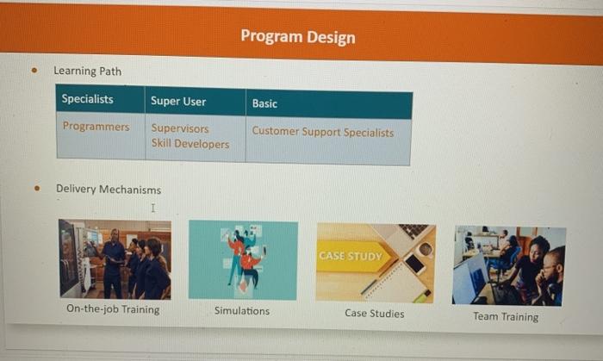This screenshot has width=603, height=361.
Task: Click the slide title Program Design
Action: click(297, 36)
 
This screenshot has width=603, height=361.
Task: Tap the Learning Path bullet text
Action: click(87, 71)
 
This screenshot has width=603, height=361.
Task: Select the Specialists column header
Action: click(87, 99)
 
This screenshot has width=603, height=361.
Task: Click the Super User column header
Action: click(178, 101)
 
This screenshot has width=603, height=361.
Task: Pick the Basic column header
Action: click(264, 103)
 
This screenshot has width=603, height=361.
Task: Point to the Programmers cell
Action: click(96, 127)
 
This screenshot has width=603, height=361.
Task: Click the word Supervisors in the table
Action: click(179, 128)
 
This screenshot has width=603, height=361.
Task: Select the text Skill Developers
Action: click(190, 144)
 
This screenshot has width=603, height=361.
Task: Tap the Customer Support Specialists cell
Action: click(323, 133)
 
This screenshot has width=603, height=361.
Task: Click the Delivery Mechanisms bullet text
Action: click(108, 189)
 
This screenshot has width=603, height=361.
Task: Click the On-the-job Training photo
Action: click(115, 258)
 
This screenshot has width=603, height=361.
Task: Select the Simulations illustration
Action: click(243, 260)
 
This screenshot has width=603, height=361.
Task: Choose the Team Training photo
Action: click(509, 265)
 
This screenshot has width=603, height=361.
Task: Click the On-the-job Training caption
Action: click(113, 309)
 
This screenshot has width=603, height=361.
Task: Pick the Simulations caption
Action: click(242, 311)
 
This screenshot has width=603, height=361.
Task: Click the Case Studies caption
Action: click(374, 314)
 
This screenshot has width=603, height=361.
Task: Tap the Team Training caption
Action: click(506, 316)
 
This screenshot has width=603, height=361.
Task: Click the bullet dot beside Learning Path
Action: click(34, 72)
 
